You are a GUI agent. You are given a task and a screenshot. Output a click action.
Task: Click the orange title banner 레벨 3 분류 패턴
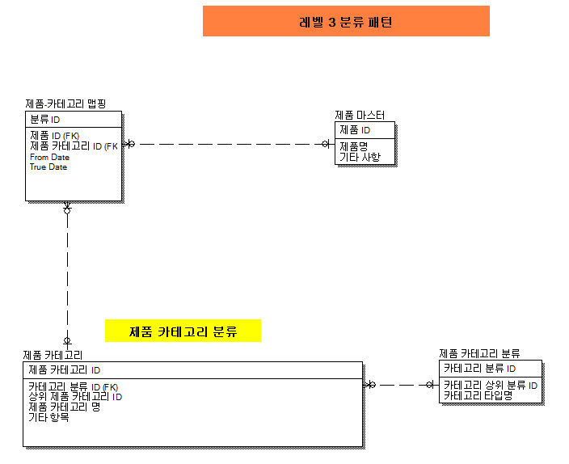point(346,22)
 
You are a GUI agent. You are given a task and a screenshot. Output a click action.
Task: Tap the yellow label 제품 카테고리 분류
point(183,331)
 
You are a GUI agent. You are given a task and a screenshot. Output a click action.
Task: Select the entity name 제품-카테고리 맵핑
point(66,104)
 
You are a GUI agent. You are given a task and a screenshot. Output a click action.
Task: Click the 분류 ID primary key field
point(45,120)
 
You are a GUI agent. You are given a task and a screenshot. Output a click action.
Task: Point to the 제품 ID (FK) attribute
point(54,135)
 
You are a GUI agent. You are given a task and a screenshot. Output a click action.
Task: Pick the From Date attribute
point(49,157)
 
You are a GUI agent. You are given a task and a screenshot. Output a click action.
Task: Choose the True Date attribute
point(48,167)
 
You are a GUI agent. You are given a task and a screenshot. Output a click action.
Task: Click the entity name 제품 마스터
point(360,116)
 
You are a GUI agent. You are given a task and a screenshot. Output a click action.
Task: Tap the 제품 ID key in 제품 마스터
point(355,130)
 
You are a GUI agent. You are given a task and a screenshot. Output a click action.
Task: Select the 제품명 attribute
point(354,146)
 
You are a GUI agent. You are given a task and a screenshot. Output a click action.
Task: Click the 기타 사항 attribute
point(360,157)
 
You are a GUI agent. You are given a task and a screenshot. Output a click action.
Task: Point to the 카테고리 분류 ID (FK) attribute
point(74,386)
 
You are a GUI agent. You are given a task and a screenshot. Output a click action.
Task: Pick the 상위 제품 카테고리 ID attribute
point(75,397)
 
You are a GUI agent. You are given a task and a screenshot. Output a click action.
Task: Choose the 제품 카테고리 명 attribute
point(65,407)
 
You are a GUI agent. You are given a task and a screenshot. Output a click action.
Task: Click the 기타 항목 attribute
point(48,417)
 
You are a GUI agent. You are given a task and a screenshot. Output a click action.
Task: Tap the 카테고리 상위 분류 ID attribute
point(491,386)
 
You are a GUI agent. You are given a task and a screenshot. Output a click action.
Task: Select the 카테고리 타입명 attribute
point(478,395)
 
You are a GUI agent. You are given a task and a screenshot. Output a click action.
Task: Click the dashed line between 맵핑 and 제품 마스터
point(226,145)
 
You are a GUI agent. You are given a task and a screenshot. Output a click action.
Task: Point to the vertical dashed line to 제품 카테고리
point(67,275)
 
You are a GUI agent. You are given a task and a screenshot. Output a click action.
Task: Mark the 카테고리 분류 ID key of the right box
point(479,369)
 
